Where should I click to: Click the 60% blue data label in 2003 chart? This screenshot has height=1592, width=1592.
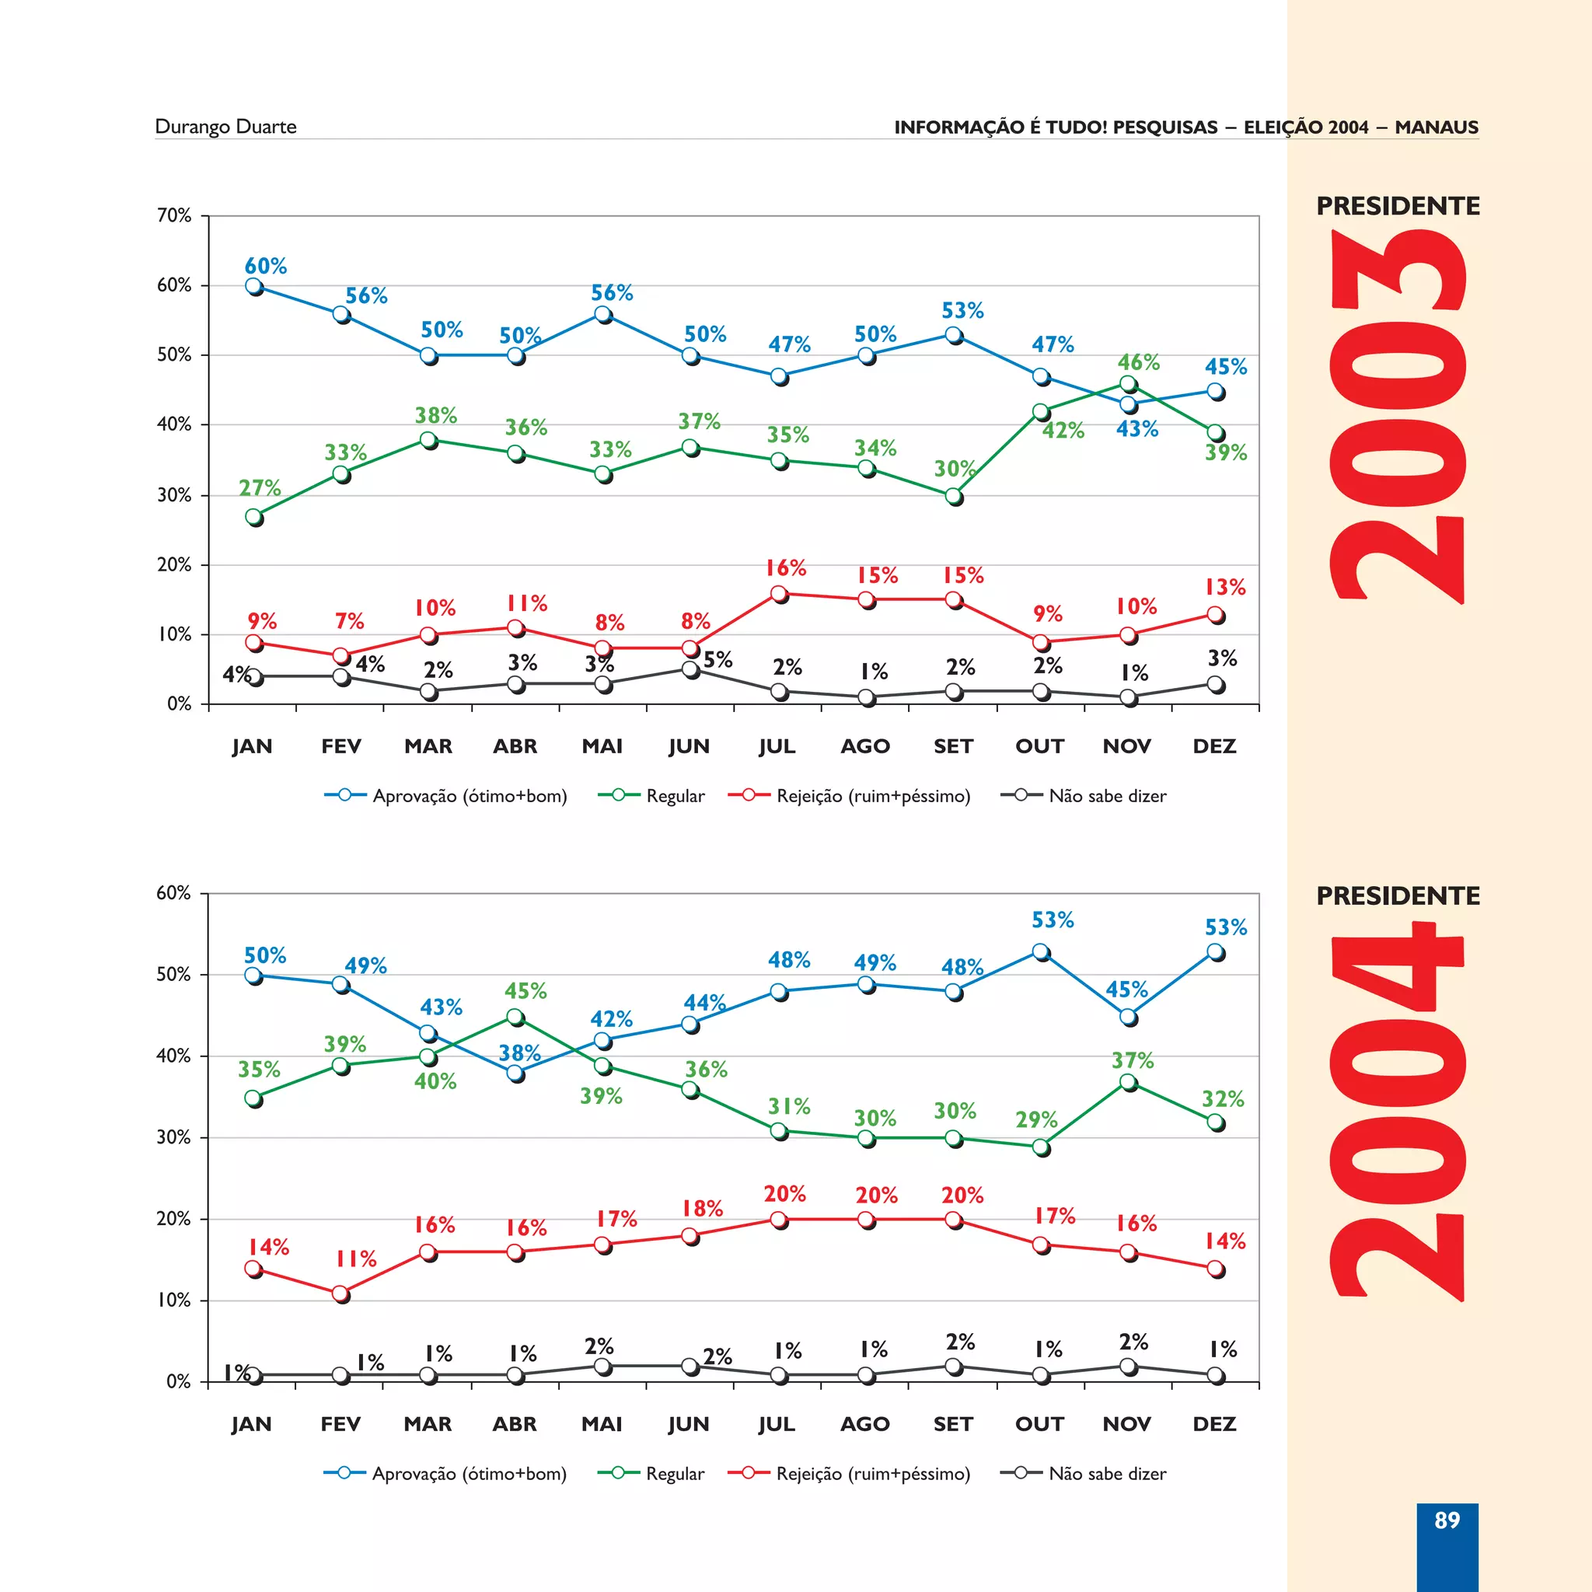point(265,266)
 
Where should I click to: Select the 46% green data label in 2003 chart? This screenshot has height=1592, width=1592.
point(1138,362)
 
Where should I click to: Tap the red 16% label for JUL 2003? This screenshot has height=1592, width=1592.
point(785,567)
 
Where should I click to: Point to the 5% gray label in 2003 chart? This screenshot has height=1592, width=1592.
point(717,659)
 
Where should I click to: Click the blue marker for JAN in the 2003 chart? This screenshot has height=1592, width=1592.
point(253,286)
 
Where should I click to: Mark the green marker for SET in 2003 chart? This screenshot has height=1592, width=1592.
point(953,496)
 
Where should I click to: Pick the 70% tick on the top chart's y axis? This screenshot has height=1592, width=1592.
point(174,216)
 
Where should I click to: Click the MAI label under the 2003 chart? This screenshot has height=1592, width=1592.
point(602,746)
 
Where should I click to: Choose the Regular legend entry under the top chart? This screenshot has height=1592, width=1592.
point(675,796)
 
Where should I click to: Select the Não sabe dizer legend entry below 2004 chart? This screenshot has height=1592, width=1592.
point(1107,1473)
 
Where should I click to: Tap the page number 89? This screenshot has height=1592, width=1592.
point(1446,1520)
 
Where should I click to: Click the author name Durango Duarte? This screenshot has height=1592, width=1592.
point(225,127)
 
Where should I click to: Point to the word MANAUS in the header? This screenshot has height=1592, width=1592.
point(1437,127)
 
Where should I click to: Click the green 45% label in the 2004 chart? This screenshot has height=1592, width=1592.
point(525,990)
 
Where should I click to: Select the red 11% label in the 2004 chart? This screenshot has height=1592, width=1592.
point(356,1259)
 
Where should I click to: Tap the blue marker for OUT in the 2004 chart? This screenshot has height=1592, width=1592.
point(1041,951)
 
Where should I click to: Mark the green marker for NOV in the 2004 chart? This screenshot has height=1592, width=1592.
point(1128,1082)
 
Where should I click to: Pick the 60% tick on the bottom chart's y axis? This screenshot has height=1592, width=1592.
point(173,893)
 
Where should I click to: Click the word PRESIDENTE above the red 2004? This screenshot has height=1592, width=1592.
point(1398,895)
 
